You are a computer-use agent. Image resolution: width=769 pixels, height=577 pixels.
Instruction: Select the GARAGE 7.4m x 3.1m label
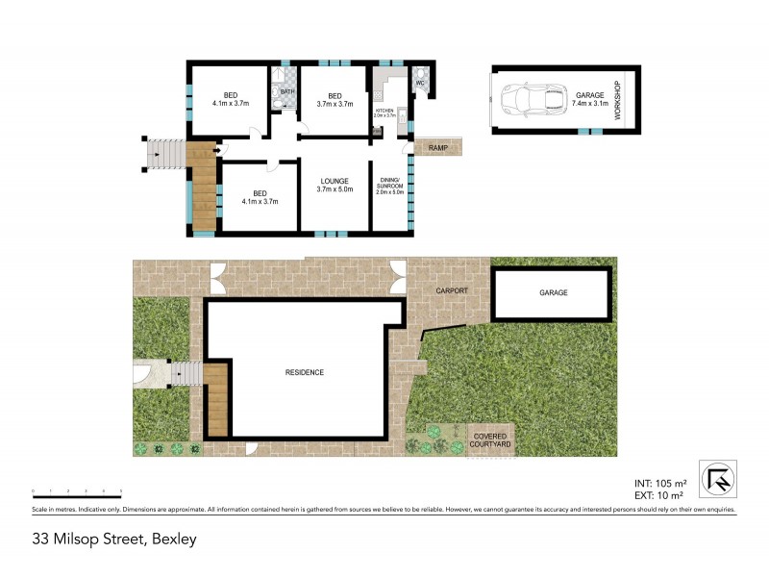click(590, 99)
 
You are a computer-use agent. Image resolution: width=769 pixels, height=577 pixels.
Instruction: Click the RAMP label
click(439, 147)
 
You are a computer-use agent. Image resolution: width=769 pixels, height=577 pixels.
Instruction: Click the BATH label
click(286, 91)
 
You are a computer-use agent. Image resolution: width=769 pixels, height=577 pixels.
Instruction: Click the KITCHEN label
click(384, 113)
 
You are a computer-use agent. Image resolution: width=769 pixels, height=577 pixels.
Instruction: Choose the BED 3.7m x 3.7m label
click(335, 99)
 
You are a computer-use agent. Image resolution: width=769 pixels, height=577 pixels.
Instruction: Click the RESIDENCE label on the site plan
click(304, 372)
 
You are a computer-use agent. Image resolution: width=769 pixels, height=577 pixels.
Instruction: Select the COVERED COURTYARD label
click(491, 441)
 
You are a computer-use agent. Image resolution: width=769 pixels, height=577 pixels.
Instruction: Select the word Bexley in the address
click(173, 539)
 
